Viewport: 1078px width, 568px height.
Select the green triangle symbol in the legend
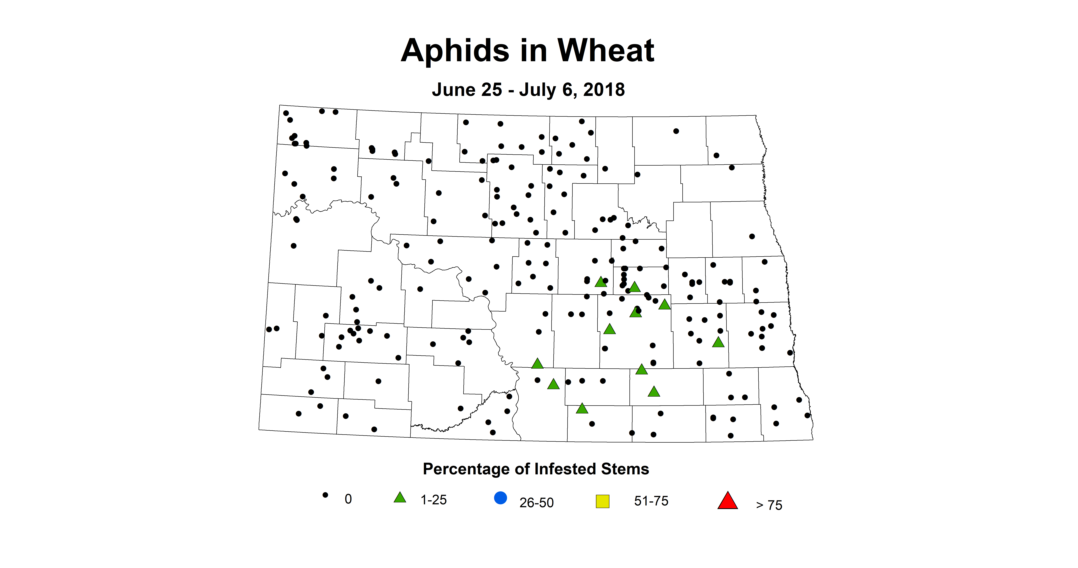pyautogui.click(x=400, y=498)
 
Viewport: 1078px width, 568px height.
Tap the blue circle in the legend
pyautogui.click(x=500, y=498)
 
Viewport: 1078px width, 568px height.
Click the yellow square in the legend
pyautogui.click(x=603, y=501)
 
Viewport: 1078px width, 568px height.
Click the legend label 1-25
pyautogui.click(x=433, y=500)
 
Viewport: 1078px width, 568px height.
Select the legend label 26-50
pyautogui.click(x=536, y=502)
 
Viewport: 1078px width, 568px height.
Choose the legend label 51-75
pyautogui.click(x=651, y=501)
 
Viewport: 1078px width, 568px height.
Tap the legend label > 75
pyautogui.click(x=769, y=505)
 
